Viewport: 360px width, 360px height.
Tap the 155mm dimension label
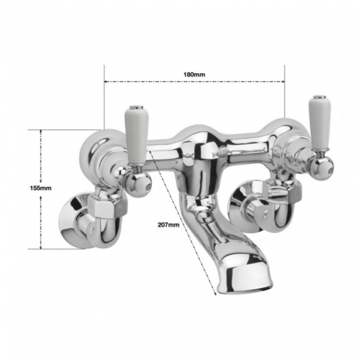[x=40, y=188]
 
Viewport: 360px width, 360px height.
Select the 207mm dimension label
[x=168, y=224]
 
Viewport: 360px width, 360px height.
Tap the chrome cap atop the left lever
[x=134, y=107]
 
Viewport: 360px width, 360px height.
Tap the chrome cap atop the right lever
[x=318, y=98]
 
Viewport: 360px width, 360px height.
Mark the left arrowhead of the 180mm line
[x=107, y=81]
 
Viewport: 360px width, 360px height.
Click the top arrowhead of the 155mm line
[x=42, y=132]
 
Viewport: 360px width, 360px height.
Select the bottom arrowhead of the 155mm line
[x=42, y=247]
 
